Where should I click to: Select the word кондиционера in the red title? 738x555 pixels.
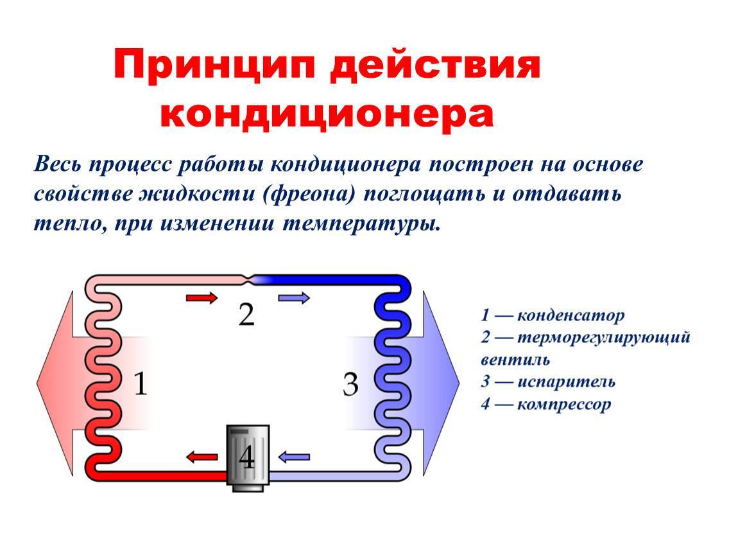327,114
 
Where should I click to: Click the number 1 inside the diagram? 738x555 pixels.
141,385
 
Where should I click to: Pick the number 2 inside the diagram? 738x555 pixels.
246,315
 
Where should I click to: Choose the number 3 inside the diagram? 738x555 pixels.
350,385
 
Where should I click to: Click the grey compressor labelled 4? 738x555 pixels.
247,457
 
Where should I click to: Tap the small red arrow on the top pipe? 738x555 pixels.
202,297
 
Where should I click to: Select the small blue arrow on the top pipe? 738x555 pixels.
295,297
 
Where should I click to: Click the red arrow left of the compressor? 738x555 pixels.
202,457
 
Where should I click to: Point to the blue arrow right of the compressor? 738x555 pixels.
295,457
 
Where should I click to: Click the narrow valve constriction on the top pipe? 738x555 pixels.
247,279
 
